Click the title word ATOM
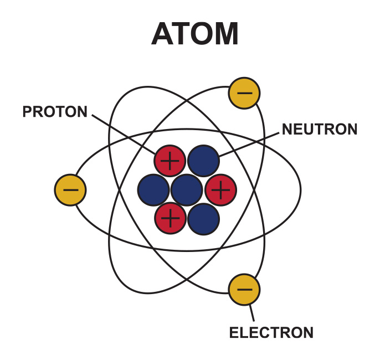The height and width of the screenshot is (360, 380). click(x=195, y=34)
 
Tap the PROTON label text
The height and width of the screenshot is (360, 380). click(x=55, y=112)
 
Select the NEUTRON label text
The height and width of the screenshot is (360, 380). click(x=320, y=129)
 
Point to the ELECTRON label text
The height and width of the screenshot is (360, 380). click(x=271, y=332)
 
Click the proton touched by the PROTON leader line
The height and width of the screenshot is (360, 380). click(x=170, y=161)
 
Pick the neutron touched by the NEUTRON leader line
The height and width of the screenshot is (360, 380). click(x=204, y=161)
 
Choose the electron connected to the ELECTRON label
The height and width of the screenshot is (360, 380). click(x=244, y=290)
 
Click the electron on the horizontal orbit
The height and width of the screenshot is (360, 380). click(x=70, y=190)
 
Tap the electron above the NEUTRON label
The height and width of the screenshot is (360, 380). click(x=244, y=93)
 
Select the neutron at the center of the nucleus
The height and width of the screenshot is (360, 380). click(x=187, y=190)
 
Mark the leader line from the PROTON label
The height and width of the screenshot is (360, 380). click(x=124, y=135)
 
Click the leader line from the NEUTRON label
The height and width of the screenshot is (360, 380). click(x=249, y=145)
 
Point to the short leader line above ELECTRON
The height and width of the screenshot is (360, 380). click(x=252, y=313)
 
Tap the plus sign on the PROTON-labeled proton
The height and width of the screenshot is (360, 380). click(x=170, y=161)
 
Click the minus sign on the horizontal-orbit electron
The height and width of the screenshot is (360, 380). click(x=71, y=190)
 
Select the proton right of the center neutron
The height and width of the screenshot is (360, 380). click(x=221, y=190)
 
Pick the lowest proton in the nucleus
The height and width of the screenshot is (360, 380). click(x=171, y=218)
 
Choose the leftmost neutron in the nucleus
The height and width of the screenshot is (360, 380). click(x=153, y=190)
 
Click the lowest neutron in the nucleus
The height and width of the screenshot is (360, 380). click(x=204, y=219)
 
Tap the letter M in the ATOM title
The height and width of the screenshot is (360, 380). click(x=225, y=34)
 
